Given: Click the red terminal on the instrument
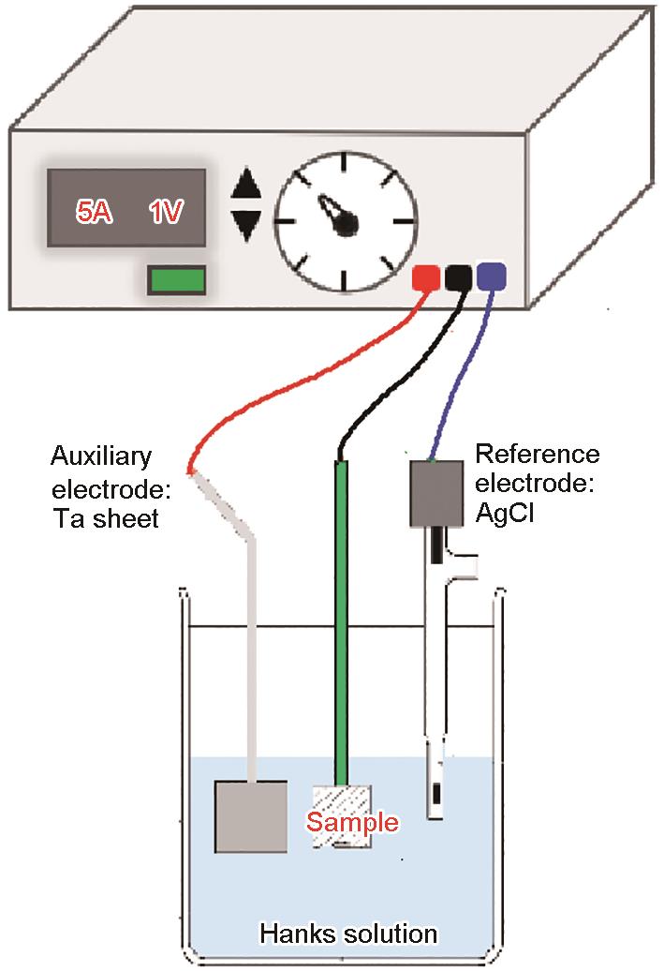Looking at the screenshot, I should pos(426,277).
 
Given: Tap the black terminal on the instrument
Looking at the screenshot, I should pos(458,277).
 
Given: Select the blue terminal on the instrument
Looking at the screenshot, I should pos(491,276).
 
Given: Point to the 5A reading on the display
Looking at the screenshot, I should pos(95,212).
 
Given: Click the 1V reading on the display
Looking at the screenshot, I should pos(167,212).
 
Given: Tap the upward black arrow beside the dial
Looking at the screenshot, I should pos(246,183).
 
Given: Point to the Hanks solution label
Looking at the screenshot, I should pos(348,934).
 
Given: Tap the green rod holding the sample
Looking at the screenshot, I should pos(342,619).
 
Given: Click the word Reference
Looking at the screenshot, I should pos(537,455).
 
